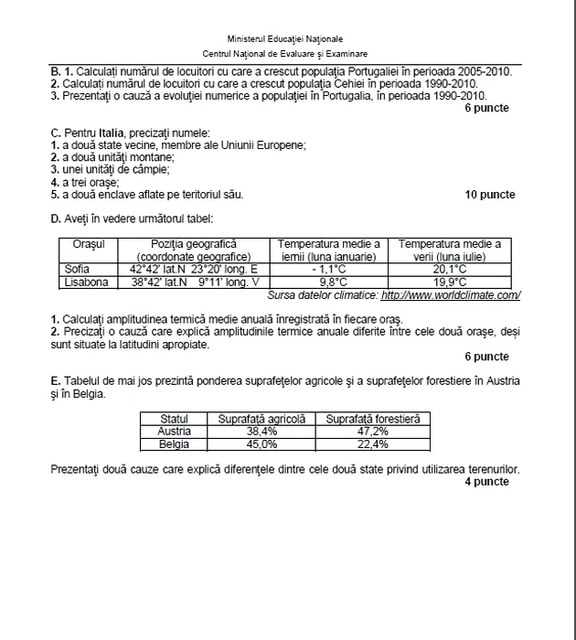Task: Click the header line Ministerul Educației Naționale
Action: [x=285, y=39]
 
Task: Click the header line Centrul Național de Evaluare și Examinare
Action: [x=285, y=55]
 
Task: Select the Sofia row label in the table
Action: [x=78, y=270]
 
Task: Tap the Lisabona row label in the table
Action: [x=87, y=283]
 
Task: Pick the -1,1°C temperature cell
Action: [x=328, y=270]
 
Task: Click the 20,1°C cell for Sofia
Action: [x=449, y=270]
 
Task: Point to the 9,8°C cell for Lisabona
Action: [x=328, y=283]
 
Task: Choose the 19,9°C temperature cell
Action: [x=449, y=283]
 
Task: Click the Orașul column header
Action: [x=90, y=244]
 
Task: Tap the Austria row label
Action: [x=174, y=431]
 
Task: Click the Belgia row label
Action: [x=174, y=444]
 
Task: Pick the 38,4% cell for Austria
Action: [x=261, y=431]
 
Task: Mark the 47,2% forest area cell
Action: [x=372, y=431]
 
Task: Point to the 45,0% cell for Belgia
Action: [x=261, y=444]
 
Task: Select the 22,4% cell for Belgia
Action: [x=372, y=444]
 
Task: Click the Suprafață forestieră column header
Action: [x=372, y=418]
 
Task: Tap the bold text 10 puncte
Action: [x=489, y=195]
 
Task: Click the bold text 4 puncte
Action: [x=486, y=482]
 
